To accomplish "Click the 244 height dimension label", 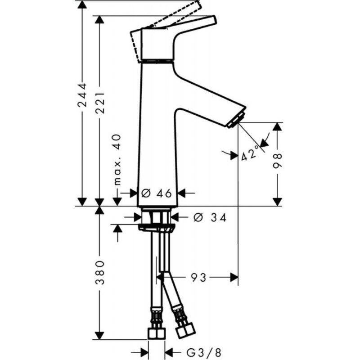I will (x=82, y=95).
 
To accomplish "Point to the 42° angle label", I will (x=250, y=153).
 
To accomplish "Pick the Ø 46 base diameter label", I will (x=157, y=193).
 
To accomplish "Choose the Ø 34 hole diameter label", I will (x=210, y=217).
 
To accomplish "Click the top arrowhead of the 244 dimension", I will (x=82, y=5).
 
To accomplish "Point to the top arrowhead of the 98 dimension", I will (x=278, y=127).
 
